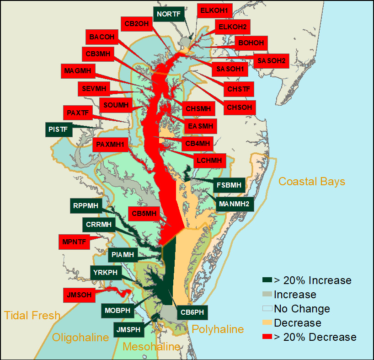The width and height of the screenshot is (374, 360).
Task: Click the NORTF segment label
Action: (169, 14)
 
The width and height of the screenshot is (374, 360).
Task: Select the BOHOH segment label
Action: (251, 43)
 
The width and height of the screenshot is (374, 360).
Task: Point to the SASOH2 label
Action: (272, 60)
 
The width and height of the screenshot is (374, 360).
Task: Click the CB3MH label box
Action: (98, 54)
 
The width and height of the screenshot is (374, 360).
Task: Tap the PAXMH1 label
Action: (111, 145)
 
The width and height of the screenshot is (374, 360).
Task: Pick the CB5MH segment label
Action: (144, 213)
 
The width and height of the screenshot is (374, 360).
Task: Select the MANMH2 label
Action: (234, 204)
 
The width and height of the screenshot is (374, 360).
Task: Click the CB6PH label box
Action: (192, 313)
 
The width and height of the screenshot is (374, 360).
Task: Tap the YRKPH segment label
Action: (105, 273)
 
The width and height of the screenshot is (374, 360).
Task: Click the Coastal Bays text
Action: (312, 182)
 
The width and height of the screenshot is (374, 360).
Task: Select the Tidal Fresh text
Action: (32, 315)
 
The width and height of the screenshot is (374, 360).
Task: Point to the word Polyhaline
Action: (217, 329)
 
